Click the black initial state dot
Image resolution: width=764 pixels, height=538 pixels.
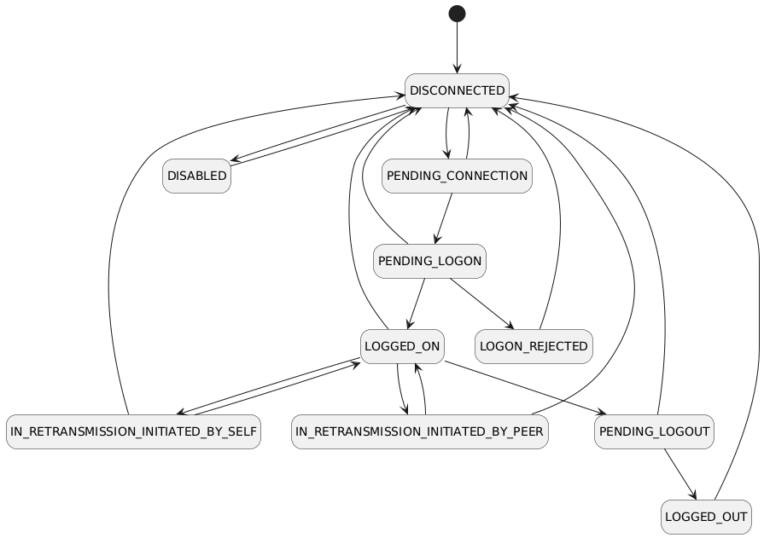(x=457, y=14)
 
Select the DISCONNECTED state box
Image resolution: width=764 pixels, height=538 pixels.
(x=457, y=90)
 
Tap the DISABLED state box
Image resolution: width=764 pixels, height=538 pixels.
(x=196, y=176)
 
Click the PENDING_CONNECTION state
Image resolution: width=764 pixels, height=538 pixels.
(x=457, y=176)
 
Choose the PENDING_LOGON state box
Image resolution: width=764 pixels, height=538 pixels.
(x=429, y=261)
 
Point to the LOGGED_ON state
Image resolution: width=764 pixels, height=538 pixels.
(x=401, y=346)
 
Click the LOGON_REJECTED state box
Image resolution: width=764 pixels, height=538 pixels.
(x=534, y=346)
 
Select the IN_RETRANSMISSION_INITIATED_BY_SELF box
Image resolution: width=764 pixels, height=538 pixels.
(x=133, y=431)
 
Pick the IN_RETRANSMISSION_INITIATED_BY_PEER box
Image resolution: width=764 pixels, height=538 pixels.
(x=419, y=431)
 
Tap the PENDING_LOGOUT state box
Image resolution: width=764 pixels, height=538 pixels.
(x=654, y=431)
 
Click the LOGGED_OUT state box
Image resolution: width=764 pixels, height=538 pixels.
(x=706, y=517)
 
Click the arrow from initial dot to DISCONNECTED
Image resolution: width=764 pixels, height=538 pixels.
(x=457, y=47)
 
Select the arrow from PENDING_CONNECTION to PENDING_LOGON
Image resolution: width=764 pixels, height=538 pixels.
(x=442, y=218)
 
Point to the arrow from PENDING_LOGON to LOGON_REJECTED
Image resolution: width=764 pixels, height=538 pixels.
(x=480, y=303)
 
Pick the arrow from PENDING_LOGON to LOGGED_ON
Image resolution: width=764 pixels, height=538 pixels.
(x=416, y=304)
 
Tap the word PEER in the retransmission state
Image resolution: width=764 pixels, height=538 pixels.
(x=522, y=431)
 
